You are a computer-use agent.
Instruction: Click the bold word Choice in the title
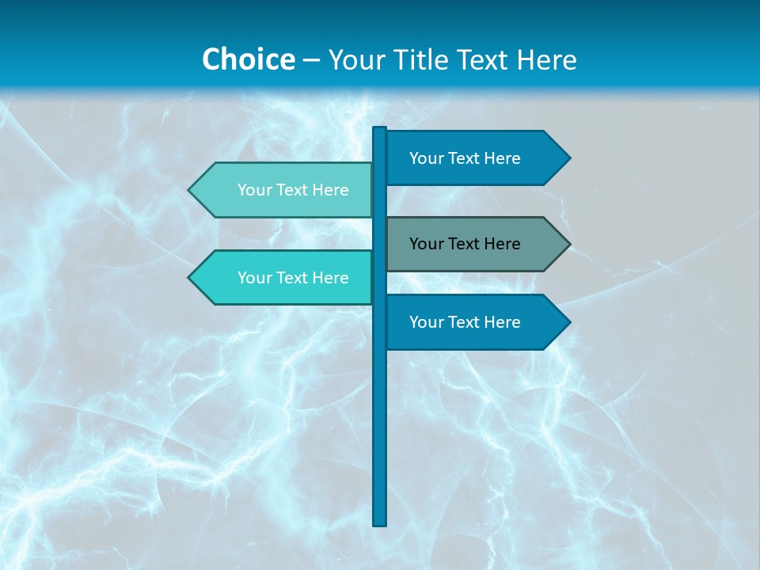(248, 60)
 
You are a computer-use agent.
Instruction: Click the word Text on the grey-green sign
(465, 244)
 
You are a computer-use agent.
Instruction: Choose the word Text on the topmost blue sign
(465, 158)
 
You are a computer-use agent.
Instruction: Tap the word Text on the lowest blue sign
(465, 322)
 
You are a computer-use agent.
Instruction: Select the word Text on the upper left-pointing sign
(293, 190)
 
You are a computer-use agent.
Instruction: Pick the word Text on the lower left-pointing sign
(293, 278)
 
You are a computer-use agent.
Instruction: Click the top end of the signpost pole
(380, 129)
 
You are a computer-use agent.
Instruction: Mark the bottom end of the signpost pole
(380, 523)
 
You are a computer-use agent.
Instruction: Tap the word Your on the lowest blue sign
(427, 322)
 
